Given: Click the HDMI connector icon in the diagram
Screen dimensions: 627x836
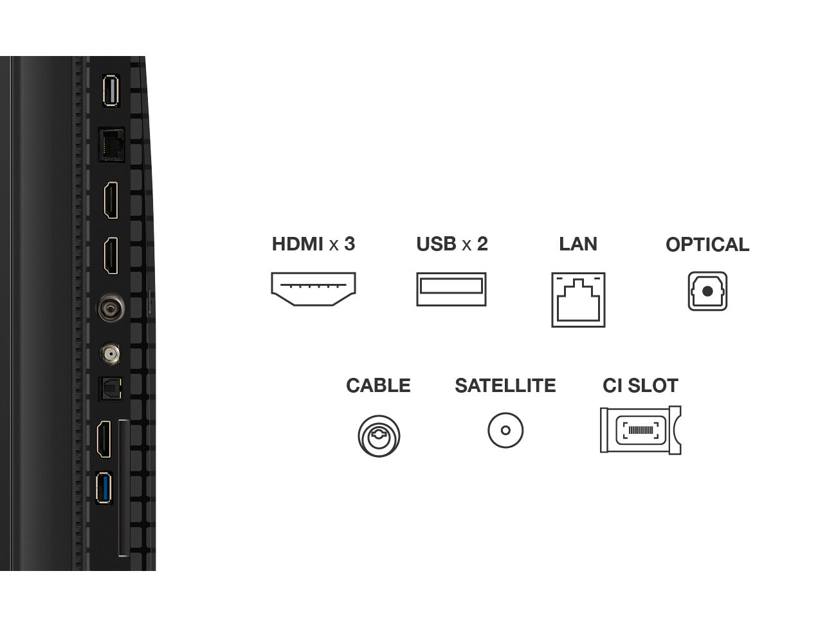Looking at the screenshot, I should coord(313,289).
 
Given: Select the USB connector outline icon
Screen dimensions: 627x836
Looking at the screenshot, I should coord(451,289).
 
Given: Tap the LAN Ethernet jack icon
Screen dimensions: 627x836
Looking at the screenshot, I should coord(578,300).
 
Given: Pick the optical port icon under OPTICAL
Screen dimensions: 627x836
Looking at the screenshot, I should coord(707,292).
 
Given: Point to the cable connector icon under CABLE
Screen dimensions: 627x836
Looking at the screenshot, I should coord(379,436).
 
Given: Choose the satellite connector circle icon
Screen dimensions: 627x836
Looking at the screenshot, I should coord(505,430).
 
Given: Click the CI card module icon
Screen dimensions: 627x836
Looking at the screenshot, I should coord(641,430).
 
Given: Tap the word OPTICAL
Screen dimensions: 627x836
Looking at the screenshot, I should coord(707,245).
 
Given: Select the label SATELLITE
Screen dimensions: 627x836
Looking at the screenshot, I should coord(505,386).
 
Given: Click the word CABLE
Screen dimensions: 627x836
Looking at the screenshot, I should coord(378,386).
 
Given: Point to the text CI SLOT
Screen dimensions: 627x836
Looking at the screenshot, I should coord(641,386).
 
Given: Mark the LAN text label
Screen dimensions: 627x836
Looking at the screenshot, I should coord(578,244).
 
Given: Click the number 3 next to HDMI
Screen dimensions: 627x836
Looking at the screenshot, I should coord(349,244).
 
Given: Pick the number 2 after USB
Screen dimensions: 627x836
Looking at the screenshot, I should coord(482,244).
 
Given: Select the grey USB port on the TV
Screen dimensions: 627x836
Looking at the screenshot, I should coord(111,91).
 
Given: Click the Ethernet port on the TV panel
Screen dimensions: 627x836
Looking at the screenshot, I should coord(111,144).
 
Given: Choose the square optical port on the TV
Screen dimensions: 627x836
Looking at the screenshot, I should coord(109,389).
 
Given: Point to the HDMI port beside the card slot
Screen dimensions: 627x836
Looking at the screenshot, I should coord(104,439).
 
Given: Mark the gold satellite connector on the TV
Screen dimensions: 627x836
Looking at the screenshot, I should coord(110,353).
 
